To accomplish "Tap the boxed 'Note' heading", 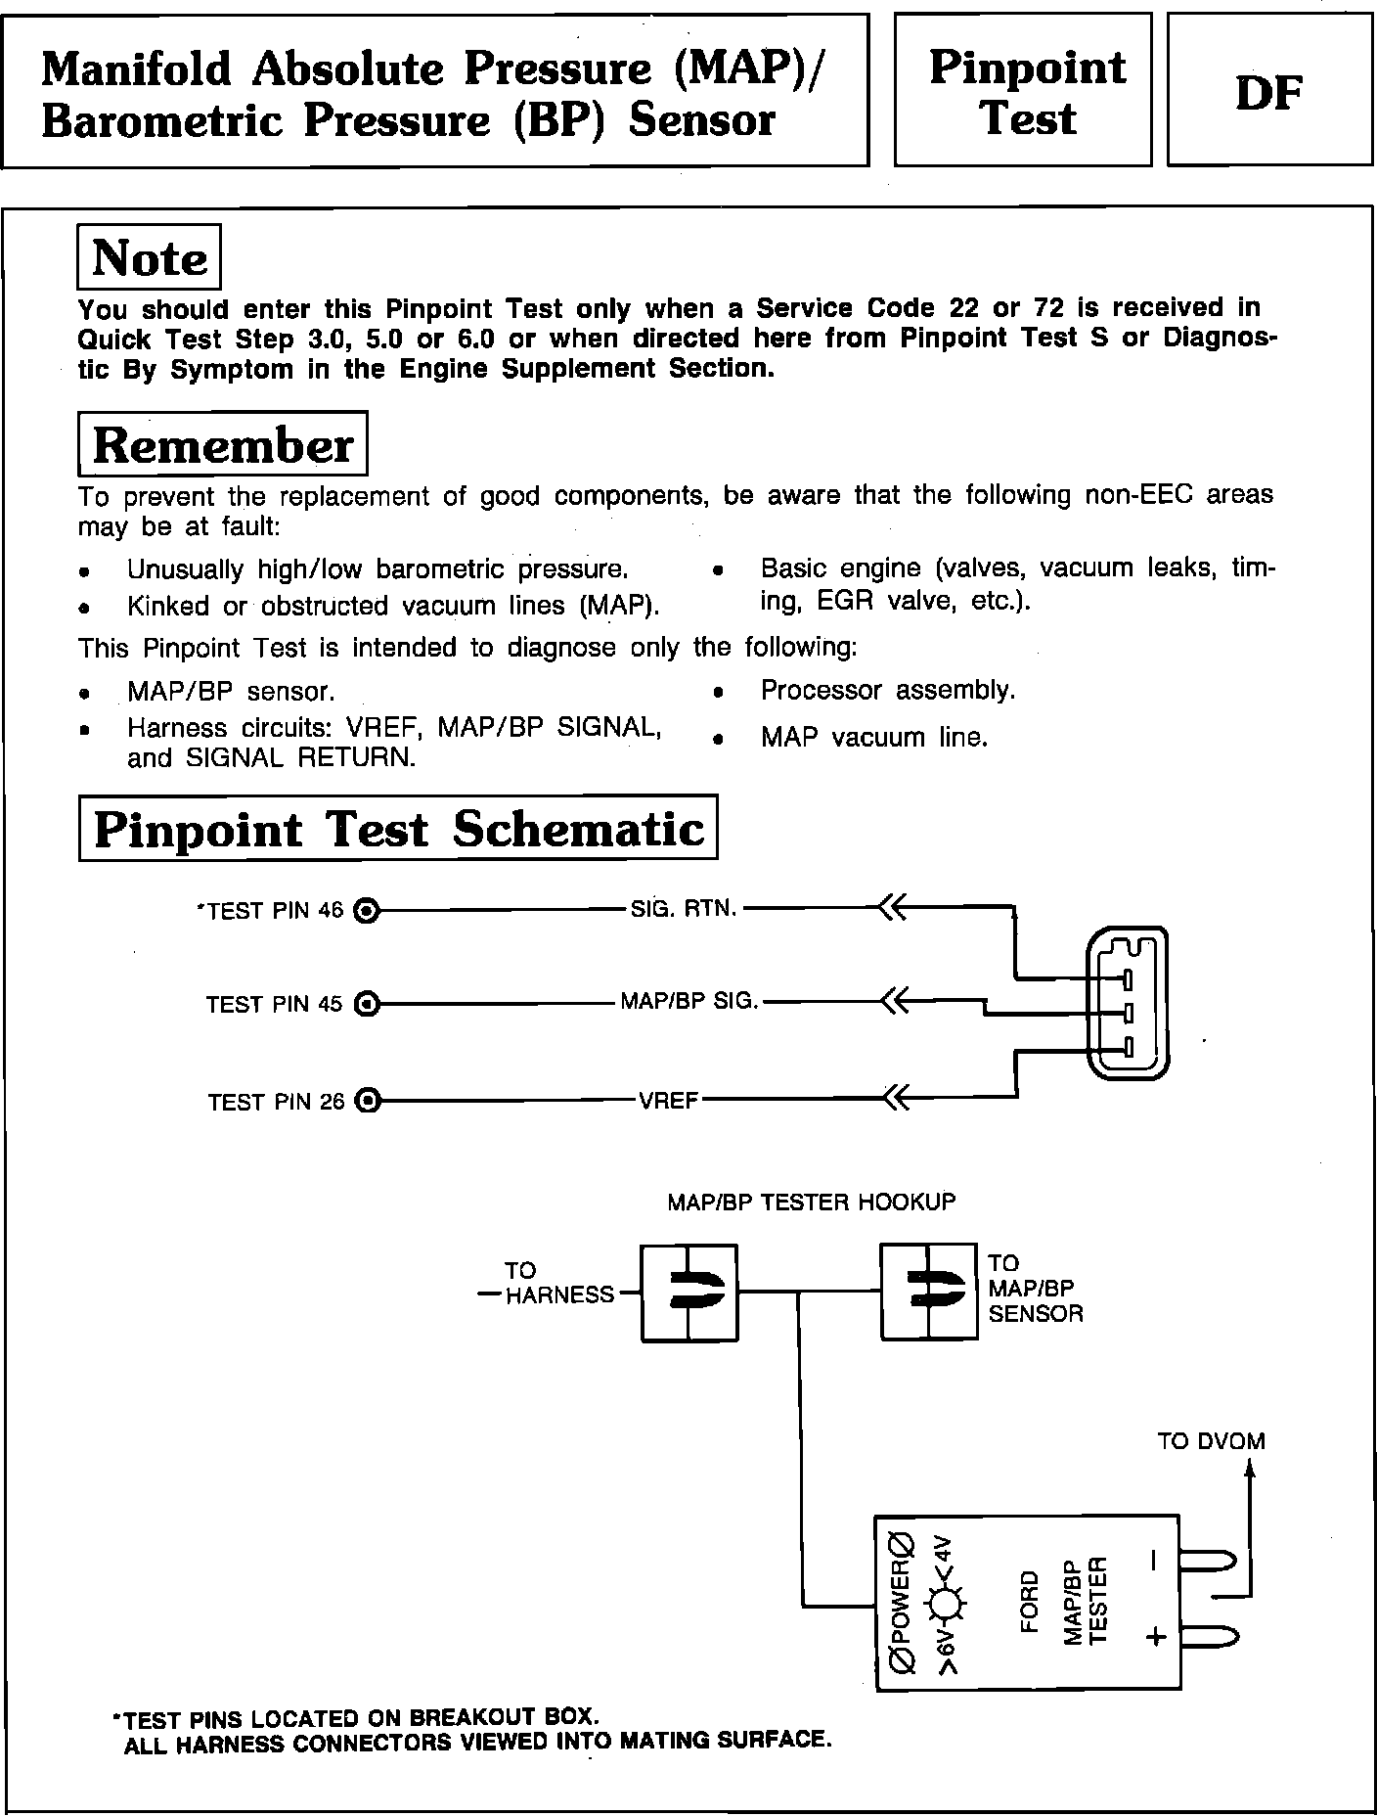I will [x=149, y=257].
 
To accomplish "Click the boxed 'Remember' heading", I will [x=222, y=445].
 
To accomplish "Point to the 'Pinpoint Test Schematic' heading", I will [x=398, y=829].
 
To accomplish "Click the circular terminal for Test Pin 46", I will [x=366, y=912].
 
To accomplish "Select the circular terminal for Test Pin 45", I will [x=366, y=1004].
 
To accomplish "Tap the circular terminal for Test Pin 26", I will [x=366, y=1102].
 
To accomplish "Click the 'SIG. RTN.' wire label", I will [x=683, y=909].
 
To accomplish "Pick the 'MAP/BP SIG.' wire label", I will [x=689, y=1002].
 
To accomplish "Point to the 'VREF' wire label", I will [x=668, y=1101].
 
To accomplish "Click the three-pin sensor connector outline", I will [x=1127, y=1004].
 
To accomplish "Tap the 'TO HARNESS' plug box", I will [x=689, y=1293].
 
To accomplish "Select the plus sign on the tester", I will [x=1156, y=1636].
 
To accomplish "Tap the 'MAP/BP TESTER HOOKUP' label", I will [x=811, y=1202].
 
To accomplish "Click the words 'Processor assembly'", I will [x=887, y=691].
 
